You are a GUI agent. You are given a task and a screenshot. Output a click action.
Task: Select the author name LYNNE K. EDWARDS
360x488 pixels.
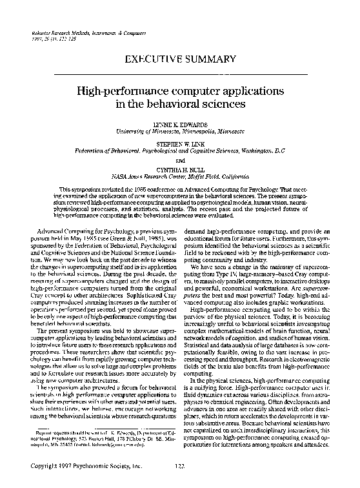[x=180, y=123]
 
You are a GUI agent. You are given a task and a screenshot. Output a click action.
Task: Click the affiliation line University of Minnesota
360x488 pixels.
[x=180, y=130]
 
